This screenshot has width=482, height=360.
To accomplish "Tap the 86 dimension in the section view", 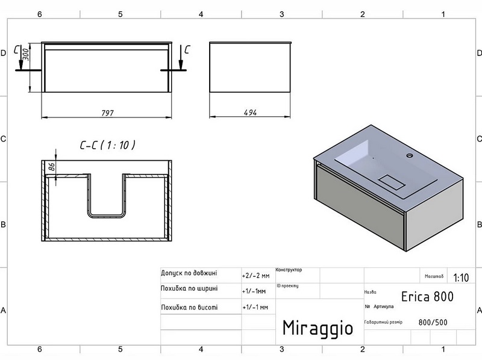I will pos(52,168).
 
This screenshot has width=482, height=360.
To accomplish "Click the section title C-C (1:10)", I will pos(107,145).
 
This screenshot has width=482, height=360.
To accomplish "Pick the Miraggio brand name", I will pos(318,328).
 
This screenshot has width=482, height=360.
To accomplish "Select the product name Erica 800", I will pos(427,296).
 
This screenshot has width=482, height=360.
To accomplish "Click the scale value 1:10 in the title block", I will pos(461,278).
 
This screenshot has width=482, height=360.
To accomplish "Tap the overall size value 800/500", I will pos(433,322).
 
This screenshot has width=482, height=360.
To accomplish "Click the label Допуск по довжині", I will pos(189,273).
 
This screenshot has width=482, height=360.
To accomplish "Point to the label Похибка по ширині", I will pos(189,288).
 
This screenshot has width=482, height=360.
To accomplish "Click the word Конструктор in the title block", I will pos(289,270).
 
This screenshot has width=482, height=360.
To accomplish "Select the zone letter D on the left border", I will pos(4,53).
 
